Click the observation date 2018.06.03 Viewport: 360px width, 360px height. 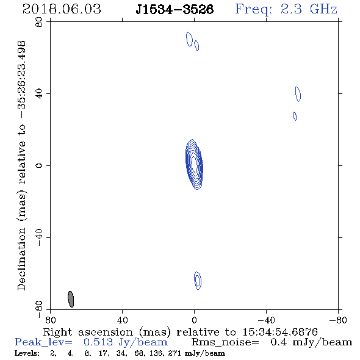pos(62,9)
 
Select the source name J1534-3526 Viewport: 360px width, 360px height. pos(175,9)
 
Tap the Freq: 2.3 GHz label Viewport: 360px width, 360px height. pos(286,9)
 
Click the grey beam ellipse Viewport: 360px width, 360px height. pos(71,299)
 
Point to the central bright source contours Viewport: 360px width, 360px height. pos(194,164)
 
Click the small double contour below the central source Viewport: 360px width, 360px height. pos(198,280)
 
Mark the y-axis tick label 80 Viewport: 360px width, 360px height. pos(39,22)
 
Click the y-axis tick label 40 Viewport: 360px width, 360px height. pos(39,94)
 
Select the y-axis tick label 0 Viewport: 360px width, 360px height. pos(39,165)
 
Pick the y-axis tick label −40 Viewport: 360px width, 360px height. pos(39,237)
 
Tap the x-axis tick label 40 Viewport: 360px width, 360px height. pos(122,320)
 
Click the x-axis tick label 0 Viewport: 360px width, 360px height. pos(194,320)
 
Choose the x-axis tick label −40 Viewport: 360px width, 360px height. pos(266,320)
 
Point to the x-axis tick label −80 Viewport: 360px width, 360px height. pos(338,320)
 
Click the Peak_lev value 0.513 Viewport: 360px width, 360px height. pos(98,342)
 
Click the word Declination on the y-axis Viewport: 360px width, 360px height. pos(21,259)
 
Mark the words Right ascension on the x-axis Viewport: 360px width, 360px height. pos(88,332)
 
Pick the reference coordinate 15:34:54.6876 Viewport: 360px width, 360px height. pos(280,332)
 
